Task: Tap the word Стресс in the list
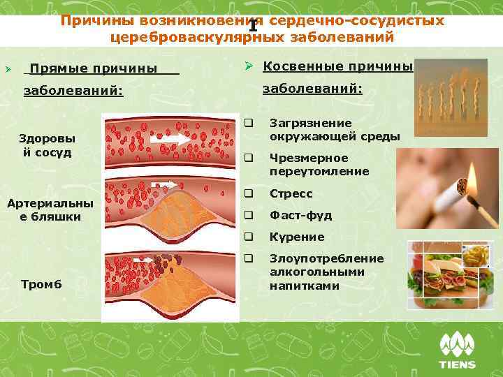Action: pyautogui.click(x=291, y=193)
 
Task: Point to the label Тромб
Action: pyautogui.click(x=41, y=283)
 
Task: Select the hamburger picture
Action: pyautogui.click(x=444, y=276)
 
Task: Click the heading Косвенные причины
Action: pyautogui.click(x=337, y=66)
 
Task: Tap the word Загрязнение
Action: pyautogui.click(x=301, y=123)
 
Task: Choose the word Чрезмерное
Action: pyautogui.click(x=299, y=158)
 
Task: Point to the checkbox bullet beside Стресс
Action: pyautogui.click(x=248, y=193)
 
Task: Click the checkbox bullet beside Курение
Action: pyautogui.click(x=248, y=237)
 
